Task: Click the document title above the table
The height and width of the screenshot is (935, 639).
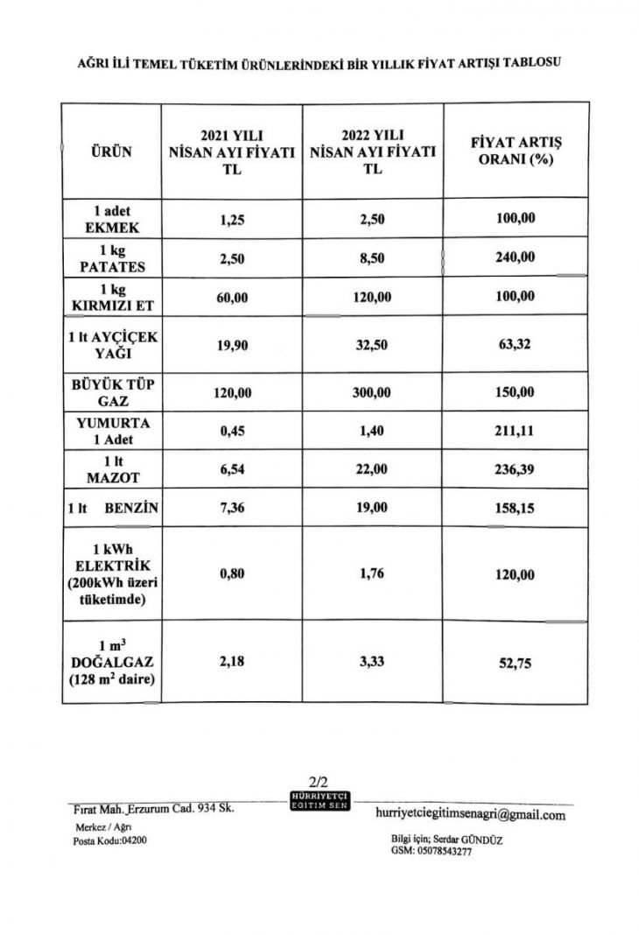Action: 319,63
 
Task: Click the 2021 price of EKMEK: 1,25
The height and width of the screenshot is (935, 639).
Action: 232,219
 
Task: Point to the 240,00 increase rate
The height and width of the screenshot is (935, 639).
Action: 515,258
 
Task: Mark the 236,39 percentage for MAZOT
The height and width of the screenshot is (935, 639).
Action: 515,470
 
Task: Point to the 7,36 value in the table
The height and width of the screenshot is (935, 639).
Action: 232,507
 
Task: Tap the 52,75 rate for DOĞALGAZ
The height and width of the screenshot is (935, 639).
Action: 515,664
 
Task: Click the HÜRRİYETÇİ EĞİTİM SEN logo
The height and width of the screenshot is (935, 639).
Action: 319,799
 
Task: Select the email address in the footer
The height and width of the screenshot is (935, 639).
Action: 469,814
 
